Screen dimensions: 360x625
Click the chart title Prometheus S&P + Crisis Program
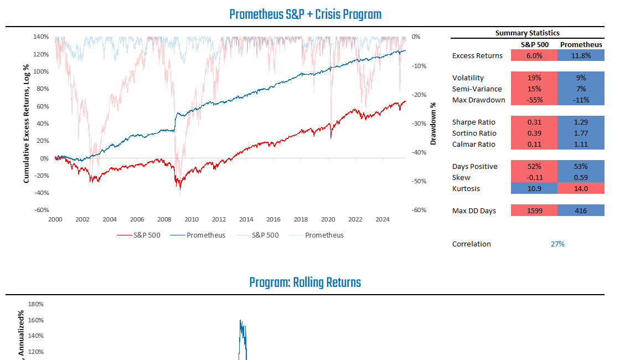tap(305, 14)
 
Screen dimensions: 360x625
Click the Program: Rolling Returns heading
tap(305, 282)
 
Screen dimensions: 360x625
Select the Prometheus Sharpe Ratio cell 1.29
tap(581, 122)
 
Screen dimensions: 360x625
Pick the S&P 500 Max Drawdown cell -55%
tap(534, 100)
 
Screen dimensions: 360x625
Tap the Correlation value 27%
tap(557, 244)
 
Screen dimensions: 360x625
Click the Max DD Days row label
tap(474, 210)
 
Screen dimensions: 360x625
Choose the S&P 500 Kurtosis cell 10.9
tap(534, 188)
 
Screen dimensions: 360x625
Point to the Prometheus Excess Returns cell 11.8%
tap(581, 55)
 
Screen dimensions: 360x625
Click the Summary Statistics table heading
tap(527, 33)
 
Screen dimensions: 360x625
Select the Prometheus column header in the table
tap(581, 44)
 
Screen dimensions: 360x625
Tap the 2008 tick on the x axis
tap(164, 219)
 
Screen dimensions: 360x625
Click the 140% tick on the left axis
tap(41, 37)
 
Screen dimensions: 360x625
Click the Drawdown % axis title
tap(433, 123)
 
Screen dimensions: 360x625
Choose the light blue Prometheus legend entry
tap(324, 235)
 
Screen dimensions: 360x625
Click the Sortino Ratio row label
tap(474, 133)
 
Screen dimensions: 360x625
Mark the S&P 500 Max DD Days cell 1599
tap(534, 210)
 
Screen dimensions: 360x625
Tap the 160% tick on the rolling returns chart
tap(35, 320)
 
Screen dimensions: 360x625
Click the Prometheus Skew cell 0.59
tap(581, 177)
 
